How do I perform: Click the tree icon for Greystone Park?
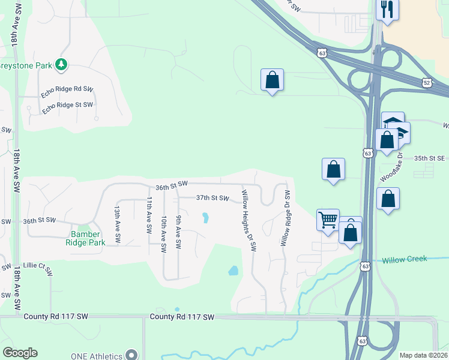click(60, 64)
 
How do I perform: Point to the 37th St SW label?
click(212, 197)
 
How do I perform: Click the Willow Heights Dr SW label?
click(249, 220)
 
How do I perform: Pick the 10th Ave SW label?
click(163, 235)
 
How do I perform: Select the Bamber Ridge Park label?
click(88, 238)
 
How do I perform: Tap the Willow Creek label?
click(404, 259)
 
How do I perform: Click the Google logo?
click(20, 353)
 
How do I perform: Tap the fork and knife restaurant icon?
click(387, 9)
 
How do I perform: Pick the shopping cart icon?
click(328, 220)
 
